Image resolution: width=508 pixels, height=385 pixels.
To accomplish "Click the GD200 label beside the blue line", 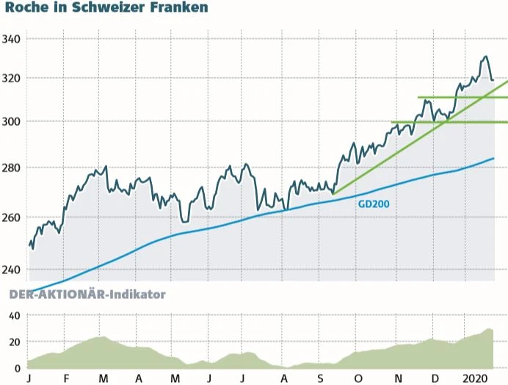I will [x=373, y=205].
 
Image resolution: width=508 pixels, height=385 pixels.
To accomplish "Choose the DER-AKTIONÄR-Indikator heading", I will [x=87, y=295].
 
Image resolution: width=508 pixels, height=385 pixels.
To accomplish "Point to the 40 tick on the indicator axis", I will [x=14, y=316].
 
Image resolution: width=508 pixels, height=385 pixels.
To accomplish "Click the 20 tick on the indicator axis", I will [x=14, y=342].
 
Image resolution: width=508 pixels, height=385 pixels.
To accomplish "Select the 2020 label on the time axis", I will [x=476, y=378].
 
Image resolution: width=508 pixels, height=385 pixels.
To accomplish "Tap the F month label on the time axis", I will [x=66, y=378].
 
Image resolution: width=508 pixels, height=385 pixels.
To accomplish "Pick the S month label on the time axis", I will [x=321, y=378].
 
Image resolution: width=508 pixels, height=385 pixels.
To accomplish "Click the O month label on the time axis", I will [x=358, y=378].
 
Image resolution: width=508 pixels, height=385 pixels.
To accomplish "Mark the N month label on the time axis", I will [x=396, y=378].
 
